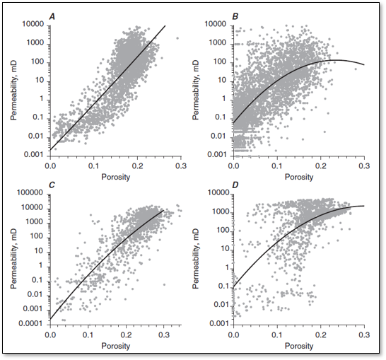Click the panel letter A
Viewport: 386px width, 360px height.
52,16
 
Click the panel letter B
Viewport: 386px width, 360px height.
235,16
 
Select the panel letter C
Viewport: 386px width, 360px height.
52,185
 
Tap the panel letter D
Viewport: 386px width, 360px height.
235,185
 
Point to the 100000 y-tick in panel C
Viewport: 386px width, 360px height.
31,192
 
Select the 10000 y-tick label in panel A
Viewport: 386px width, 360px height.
33,24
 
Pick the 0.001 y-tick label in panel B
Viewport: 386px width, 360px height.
216,155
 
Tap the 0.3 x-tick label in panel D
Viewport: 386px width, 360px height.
364,335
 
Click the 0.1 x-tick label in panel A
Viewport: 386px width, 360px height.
93,166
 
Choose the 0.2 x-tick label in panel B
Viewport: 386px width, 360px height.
320,166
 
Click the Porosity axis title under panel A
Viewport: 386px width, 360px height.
116,177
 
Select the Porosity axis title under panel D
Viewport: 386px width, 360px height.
299,347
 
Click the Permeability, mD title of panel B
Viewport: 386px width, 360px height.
196,90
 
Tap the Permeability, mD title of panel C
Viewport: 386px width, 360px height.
13,259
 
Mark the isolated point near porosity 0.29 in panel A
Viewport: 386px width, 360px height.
177,38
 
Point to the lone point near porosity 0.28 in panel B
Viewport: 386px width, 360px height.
356,69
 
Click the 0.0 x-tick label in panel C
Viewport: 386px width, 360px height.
50,335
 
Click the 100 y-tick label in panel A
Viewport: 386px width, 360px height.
37,62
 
